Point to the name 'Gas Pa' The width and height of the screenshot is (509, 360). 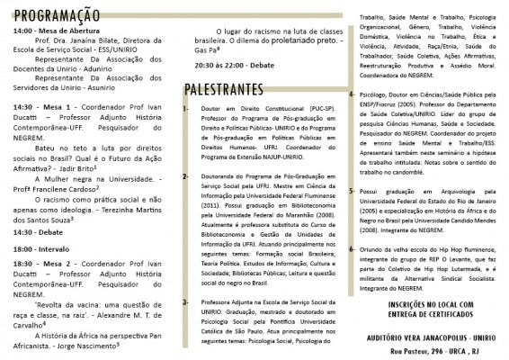coord(208,50)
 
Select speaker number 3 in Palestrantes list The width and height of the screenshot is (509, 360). coord(184,301)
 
